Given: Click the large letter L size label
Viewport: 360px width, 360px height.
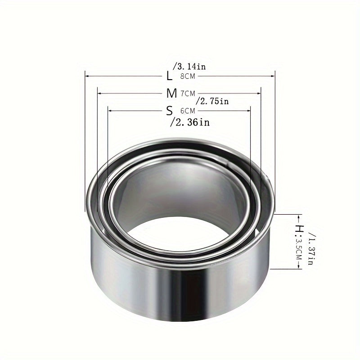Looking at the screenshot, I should pos(169,76).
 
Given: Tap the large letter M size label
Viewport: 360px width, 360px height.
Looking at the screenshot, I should pos(171,93).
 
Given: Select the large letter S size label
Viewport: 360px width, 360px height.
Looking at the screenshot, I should pos(169,110).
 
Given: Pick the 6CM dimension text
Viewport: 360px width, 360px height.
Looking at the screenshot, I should pos(187,111).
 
